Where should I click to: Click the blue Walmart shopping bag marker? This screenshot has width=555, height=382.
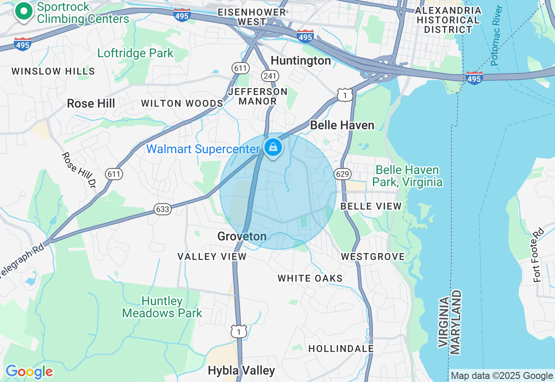(273, 148)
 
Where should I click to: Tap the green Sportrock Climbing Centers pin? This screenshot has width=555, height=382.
(24, 11)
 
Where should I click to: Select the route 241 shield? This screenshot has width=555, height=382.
(269, 76)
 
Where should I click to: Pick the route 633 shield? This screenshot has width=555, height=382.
(162, 209)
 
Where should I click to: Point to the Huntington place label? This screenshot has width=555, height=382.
(300, 61)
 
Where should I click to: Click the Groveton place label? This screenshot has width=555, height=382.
(242, 237)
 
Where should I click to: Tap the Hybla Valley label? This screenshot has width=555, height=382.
(241, 370)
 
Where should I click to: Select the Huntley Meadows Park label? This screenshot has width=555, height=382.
(162, 307)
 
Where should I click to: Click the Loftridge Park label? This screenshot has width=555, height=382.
(135, 53)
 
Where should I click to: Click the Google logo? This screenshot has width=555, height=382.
(29, 372)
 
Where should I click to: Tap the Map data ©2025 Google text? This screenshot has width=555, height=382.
(502, 376)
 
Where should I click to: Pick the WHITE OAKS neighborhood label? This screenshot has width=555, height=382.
(310, 278)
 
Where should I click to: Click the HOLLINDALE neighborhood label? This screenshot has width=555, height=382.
(341, 349)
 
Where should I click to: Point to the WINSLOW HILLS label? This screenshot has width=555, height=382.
(53, 71)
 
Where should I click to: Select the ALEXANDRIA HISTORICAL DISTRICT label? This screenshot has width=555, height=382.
(448, 20)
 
